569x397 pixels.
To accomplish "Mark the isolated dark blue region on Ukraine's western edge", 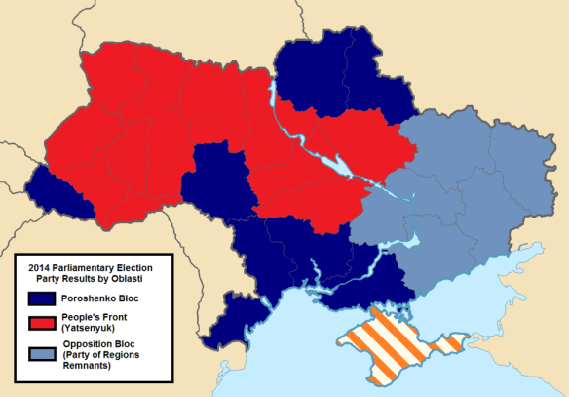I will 58,191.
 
